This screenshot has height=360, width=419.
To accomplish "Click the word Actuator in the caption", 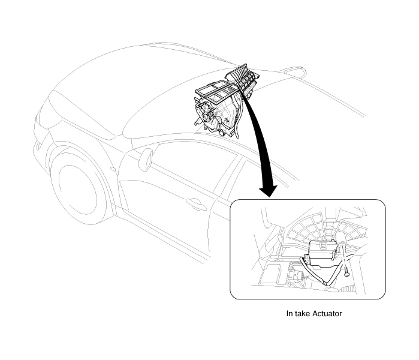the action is tap(327, 313).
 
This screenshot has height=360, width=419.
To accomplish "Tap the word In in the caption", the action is tap(290, 313).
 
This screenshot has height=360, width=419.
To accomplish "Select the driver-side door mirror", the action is tap(146, 160).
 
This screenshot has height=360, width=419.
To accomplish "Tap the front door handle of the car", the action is tap(195, 203).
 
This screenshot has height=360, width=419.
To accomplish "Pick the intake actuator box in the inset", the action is tap(322, 254).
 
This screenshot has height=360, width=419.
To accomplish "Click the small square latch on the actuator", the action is tap(324, 245).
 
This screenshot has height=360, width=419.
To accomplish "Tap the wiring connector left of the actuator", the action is tap(306, 259).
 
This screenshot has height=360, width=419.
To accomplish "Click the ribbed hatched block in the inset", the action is tap(348, 289).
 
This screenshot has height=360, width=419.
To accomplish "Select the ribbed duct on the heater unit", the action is tap(242, 78).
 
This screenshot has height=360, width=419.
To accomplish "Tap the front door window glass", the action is tap(187, 166).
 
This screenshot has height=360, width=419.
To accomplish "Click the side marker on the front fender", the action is tap(113, 169).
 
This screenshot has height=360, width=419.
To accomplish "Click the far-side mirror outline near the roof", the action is tap(293, 71).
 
